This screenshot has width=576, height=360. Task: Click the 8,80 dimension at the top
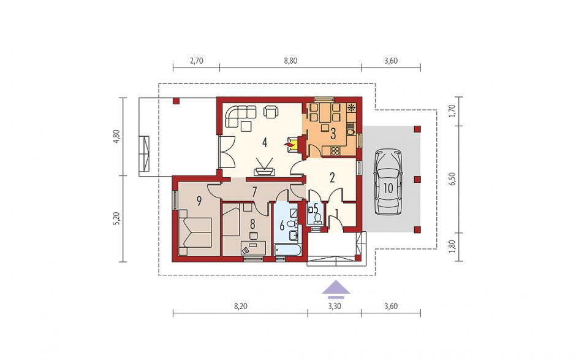tap(290, 61)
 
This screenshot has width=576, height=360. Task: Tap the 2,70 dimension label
tap(197, 61)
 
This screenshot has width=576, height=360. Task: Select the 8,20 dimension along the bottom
tap(240, 306)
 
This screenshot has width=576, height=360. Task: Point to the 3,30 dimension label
tap(335, 306)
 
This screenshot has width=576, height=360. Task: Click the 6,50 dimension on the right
tap(452, 179)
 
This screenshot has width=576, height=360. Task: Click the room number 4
tap(265, 142)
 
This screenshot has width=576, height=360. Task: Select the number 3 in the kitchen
tap(333, 134)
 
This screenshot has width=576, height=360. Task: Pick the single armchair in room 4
tap(271, 112)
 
